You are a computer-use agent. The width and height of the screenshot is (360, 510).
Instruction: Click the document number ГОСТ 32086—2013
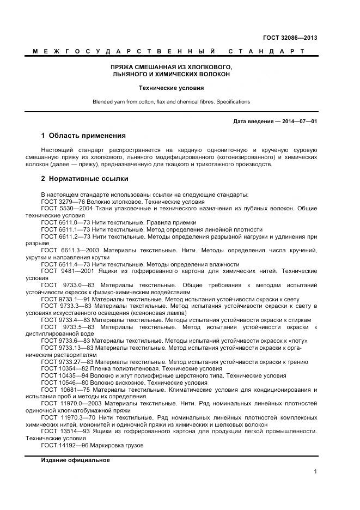click(291, 38)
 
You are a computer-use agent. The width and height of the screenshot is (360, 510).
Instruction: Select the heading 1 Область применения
click(83, 136)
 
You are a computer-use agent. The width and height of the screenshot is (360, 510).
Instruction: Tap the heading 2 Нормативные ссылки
click(84, 178)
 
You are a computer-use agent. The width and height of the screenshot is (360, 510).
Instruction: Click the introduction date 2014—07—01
click(297, 121)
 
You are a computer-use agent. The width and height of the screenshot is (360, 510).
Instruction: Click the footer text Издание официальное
click(75, 460)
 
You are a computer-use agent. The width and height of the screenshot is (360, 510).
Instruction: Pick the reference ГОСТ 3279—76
click(61, 202)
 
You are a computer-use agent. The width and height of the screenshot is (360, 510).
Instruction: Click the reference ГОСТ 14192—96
click(63, 445)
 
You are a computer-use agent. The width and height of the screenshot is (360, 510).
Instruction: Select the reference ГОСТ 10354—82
click(63, 368)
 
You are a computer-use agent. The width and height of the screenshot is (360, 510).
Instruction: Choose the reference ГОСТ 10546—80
click(63, 382)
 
